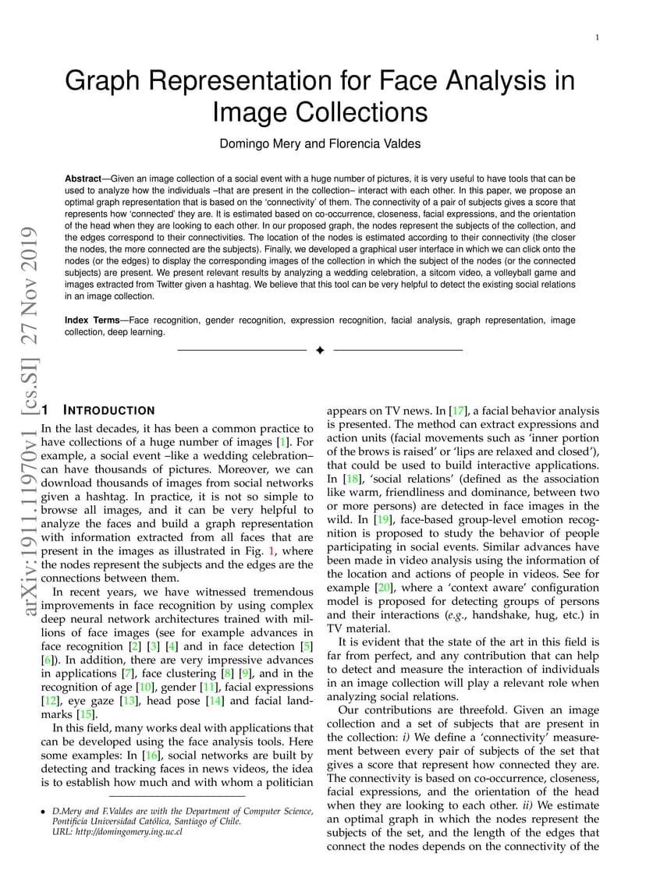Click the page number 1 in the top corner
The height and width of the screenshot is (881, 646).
(597, 37)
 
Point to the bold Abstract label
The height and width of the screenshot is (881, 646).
(83, 179)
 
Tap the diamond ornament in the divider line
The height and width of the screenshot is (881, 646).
(319, 351)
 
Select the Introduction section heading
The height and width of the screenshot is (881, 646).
(108, 410)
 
